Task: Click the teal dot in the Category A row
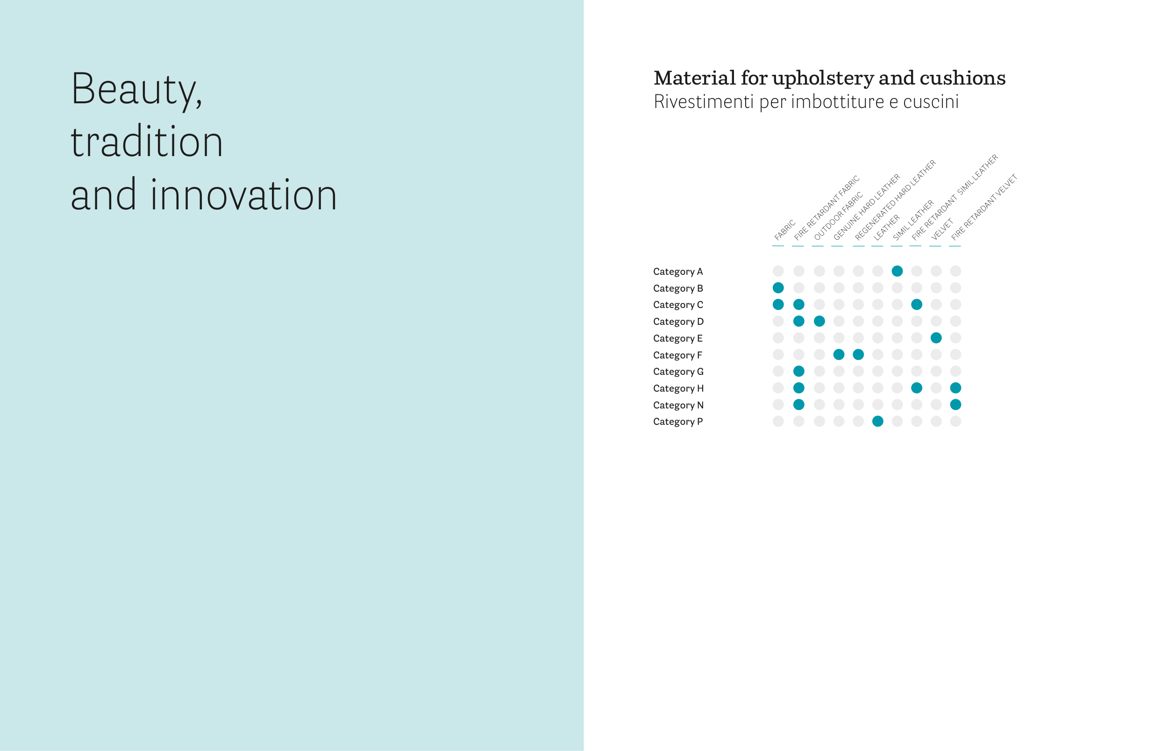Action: pyautogui.click(x=897, y=271)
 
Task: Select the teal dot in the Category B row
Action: pyautogui.click(x=778, y=288)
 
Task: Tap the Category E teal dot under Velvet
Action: pyautogui.click(x=936, y=337)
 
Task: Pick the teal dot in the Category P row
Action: pyautogui.click(x=877, y=422)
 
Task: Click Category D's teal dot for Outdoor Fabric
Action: pyautogui.click(x=819, y=321)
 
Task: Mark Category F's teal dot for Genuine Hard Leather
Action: pyautogui.click(x=839, y=355)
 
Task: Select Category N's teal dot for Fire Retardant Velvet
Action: pyautogui.click(x=955, y=404)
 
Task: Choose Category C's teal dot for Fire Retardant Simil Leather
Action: pyautogui.click(x=917, y=304)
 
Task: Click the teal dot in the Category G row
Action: pyautogui.click(x=798, y=371)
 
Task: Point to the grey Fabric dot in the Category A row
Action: pyautogui.click(x=778, y=271)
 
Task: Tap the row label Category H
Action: pyautogui.click(x=678, y=388)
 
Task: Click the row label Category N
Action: pyautogui.click(x=678, y=405)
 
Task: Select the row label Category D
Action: pyautogui.click(x=678, y=322)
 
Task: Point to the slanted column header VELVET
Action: pyautogui.click(x=942, y=229)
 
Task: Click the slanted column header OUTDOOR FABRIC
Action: pyautogui.click(x=838, y=216)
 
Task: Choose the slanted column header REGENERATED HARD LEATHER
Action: pyautogui.click(x=895, y=200)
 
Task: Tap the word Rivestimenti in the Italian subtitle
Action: pyautogui.click(x=704, y=101)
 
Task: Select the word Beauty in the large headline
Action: pyautogui.click(x=136, y=90)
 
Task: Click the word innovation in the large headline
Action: pyautogui.click(x=244, y=195)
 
